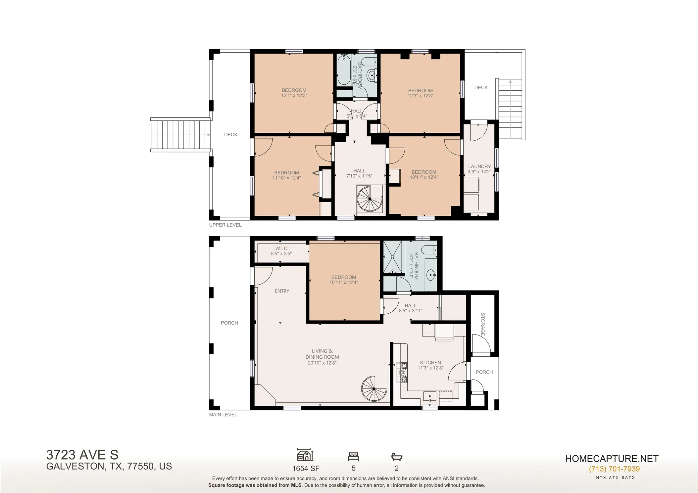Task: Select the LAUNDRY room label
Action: (479, 166)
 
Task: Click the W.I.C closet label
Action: (281, 248)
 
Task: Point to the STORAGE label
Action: (483, 325)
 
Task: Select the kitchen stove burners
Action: (402, 373)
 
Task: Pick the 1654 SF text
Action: (306, 468)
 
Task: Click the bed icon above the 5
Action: (353, 457)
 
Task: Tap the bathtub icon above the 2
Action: (397, 457)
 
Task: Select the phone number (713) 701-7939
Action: (614, 469)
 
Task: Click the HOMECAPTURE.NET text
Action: (612, 459)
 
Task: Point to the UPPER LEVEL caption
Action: (225, 225)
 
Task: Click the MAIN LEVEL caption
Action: (223, 415)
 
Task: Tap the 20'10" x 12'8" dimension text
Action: (322, 363)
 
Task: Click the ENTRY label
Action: (282, 291)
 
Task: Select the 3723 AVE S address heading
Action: (82, 455)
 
